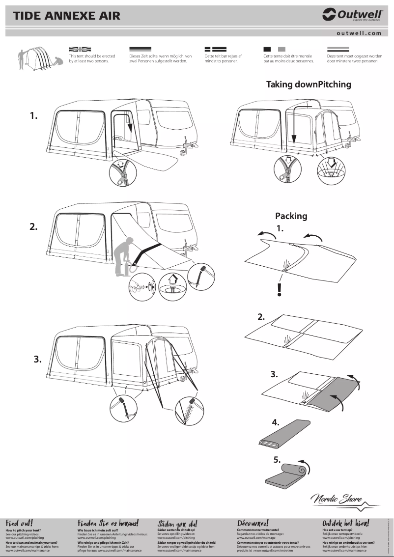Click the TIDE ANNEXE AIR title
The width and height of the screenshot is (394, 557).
click(x=66, y=16)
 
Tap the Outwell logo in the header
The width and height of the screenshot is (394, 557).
click(x=352, y=15)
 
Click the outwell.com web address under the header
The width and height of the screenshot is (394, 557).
click(x=359, y=33)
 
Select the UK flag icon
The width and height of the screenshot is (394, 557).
click(x=80, y=49)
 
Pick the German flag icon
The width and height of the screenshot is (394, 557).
click(x=140, y=49)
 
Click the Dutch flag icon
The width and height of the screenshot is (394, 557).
click(x=338, y=49)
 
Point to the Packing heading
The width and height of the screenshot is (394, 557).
click(x=291, y=216)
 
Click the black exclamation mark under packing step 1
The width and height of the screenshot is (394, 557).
click(x=280, y=290)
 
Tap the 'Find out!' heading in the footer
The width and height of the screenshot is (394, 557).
click(x=19, y=524)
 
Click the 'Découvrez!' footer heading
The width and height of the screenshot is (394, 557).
click(x=253, y=524)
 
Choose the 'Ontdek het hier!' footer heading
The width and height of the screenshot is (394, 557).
click(x=345, y=524)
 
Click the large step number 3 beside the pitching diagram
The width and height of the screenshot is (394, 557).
click(x=37, y=359)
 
